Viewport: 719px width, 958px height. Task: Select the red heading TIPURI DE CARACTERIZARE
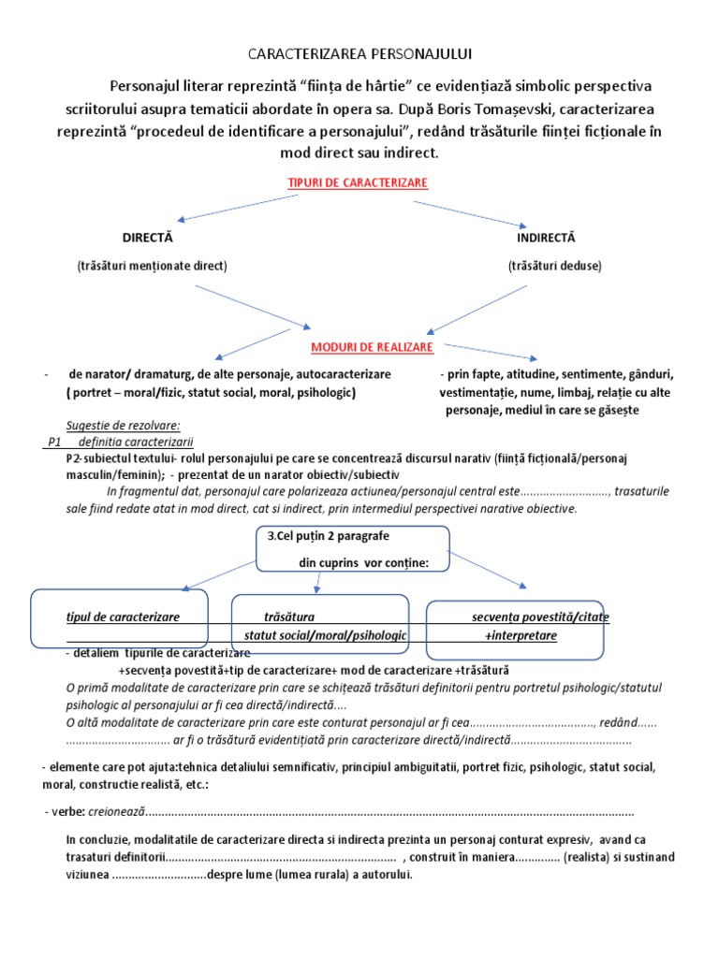tap(359, 182)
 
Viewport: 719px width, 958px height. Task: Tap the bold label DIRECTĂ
tap(148, 238)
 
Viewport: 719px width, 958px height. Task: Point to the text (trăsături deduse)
tap(555, 266)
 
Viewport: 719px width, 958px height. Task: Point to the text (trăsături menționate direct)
tap(152, 266)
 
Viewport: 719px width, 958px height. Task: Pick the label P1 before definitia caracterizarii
tap(54, 442)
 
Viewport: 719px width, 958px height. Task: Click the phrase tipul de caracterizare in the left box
tap(123, 617)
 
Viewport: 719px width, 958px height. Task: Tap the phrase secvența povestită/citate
tap(539, 617)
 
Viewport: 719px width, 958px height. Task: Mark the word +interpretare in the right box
tap(521, 635)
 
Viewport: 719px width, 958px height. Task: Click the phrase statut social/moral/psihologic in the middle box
tap(325, 635)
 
